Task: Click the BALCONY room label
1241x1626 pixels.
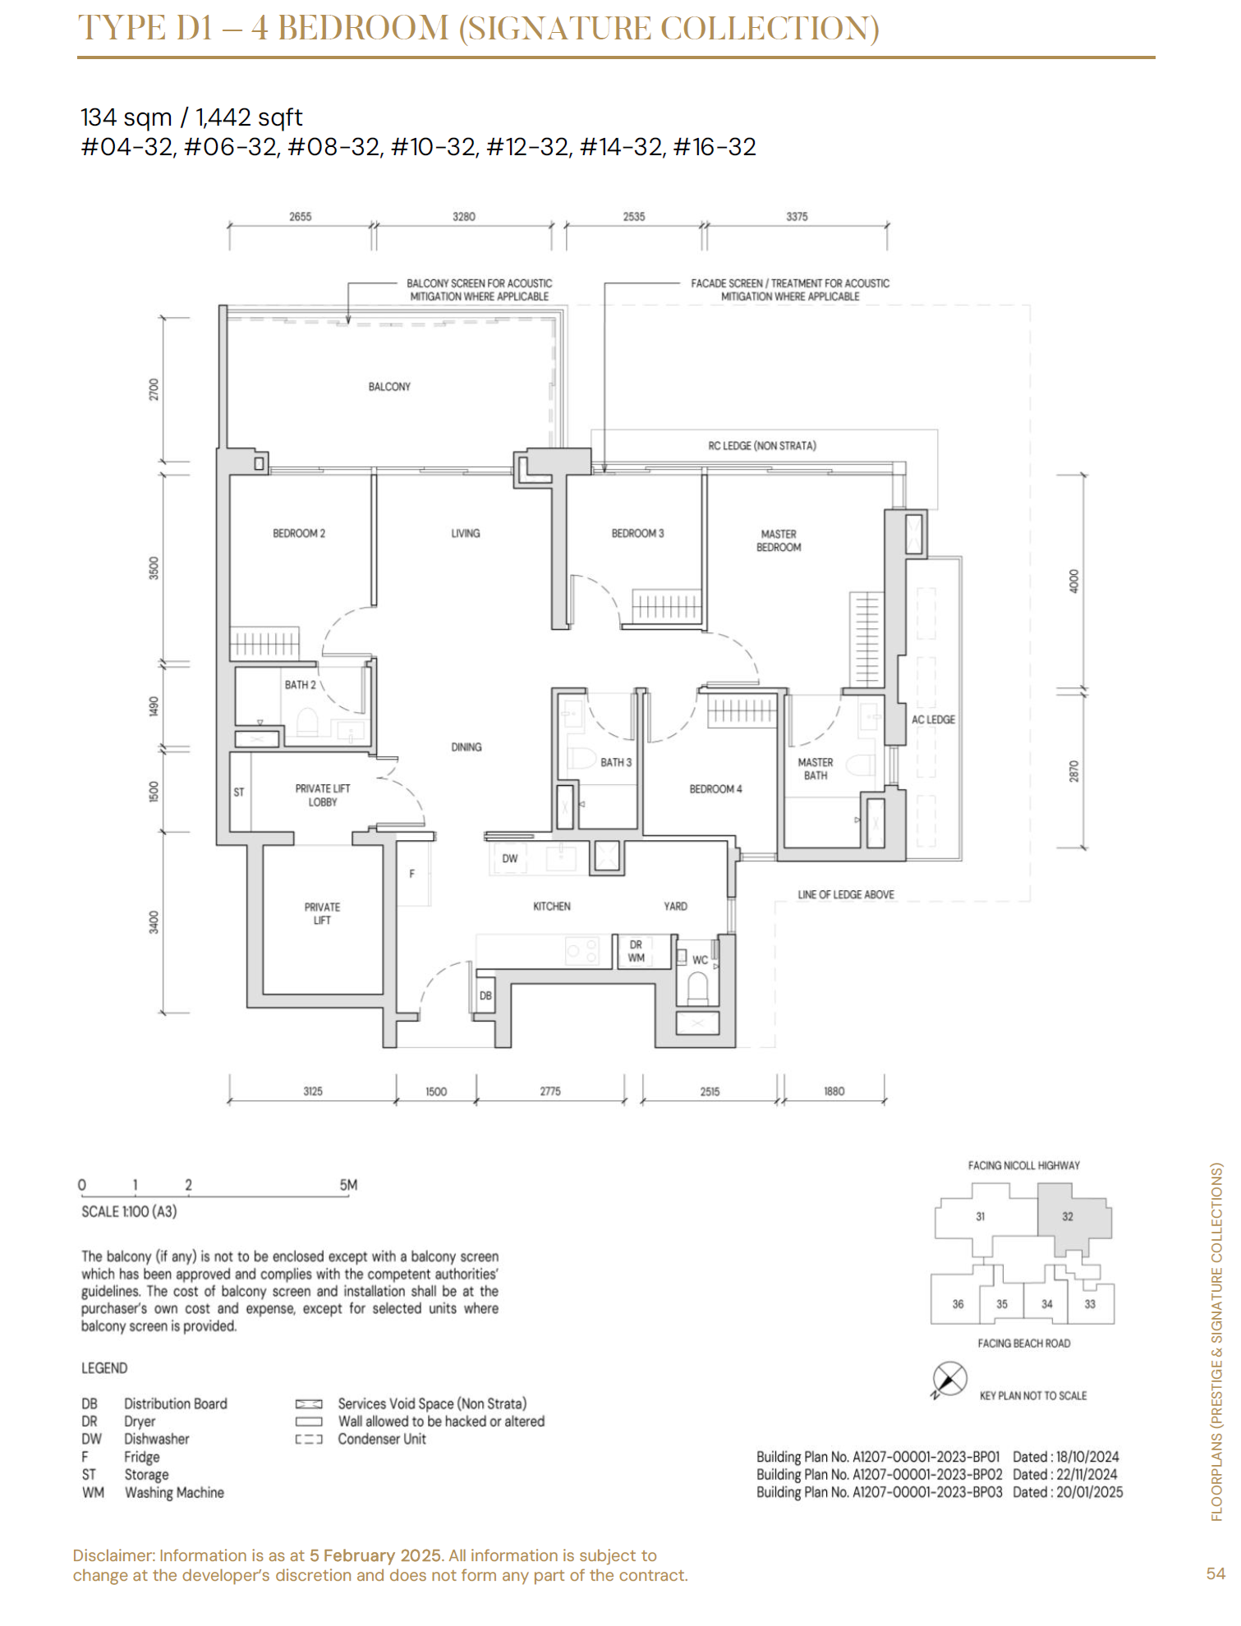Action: pos(389,387)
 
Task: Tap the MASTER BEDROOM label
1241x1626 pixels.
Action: pos(779,540)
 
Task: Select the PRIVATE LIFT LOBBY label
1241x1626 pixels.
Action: pos(323,795)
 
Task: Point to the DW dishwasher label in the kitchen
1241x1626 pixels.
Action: pos(510,859)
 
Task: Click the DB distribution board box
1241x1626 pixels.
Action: pos(485,995)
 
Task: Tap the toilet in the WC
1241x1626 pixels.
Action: pos(697,988)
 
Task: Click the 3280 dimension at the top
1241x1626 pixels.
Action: pos(464,217)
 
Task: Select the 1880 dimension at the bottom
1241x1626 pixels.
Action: pos(834,1091)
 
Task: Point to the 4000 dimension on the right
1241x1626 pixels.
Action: pos(1074,581)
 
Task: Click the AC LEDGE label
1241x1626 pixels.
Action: pos(933,719)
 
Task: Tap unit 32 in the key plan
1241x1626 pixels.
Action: pos(1068,1216)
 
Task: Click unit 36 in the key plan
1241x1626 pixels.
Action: pos(958,1304)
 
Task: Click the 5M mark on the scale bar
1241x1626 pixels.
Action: pos(348,1185)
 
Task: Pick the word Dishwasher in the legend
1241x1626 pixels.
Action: pos(157,1439)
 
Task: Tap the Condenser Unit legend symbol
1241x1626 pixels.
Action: pos(309,1440)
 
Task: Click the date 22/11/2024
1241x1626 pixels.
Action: pos(1087,1474)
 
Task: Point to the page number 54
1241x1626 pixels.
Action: pos(1216,1573)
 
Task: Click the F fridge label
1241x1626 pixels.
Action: pos(412,874)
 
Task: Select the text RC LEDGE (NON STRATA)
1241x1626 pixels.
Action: pos(762,446)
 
